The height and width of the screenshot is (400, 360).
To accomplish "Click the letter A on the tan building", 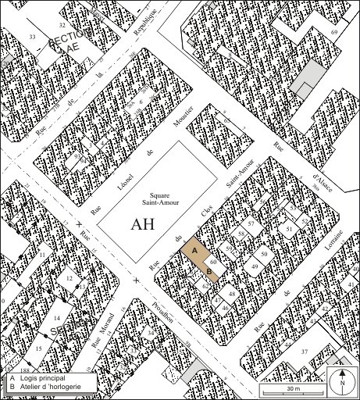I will (x=195, y=249).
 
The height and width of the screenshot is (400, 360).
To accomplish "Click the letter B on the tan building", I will (x=209, y=271).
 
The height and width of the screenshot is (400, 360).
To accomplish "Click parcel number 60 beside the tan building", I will (x=212, y=262).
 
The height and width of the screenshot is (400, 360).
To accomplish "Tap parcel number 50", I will (x=265, y=254).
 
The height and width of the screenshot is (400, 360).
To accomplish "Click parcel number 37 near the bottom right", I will (x=305, y=351).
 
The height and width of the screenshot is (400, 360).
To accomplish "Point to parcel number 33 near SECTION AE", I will (x=32, y=37).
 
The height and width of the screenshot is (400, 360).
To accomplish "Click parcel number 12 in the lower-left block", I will (x=70, y=278).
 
